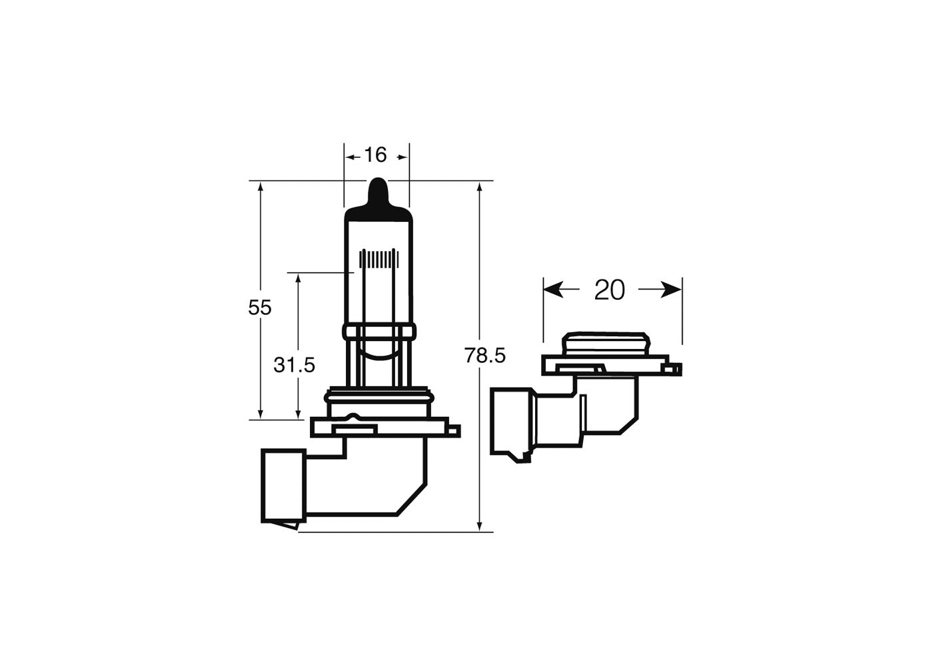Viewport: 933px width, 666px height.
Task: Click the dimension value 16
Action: [375, 155]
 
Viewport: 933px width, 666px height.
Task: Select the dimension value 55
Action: [260, 308]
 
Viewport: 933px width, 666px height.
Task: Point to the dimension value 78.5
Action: [485, 356]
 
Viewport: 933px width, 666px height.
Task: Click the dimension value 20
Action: [610, 290]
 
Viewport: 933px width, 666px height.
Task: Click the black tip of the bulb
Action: [377, 193]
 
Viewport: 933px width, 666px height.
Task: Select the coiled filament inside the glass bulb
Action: [378, 258]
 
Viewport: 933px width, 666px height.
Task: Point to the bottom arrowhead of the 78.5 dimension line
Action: [480, 525]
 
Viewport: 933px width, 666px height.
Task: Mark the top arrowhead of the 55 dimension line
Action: [261, 188]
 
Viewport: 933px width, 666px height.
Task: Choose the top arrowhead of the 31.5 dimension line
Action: [298, 279]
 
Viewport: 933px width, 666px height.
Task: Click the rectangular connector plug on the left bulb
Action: [283, 485]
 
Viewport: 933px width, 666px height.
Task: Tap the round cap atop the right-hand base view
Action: [604, 344]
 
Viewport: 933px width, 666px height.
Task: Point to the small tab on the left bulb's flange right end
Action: [455, 431]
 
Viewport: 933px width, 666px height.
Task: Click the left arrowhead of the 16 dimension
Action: [350, 157]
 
